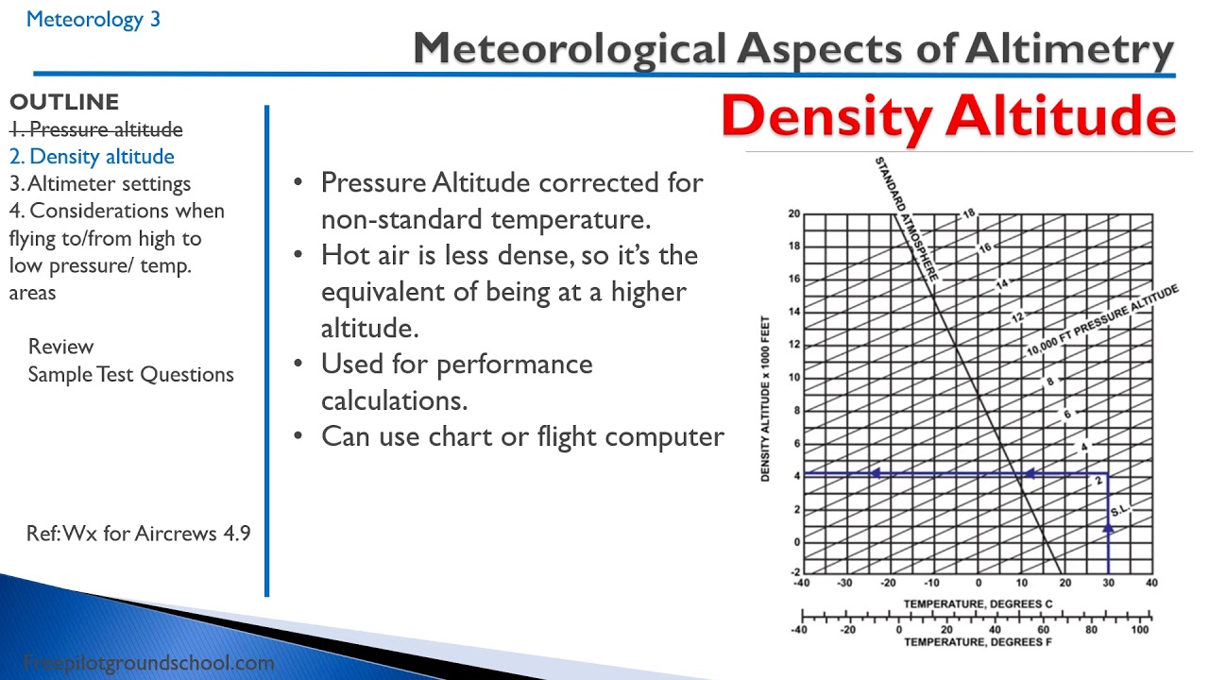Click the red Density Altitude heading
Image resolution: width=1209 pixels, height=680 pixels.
pyautogui.click(x=947, y=116)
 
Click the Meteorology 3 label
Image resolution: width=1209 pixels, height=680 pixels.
pyautogui.click(x=93, y=19)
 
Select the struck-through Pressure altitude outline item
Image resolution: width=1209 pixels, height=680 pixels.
pyautogui.click(x=96, y=129)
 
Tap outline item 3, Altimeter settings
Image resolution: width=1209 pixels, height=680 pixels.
pyautogui.click(x=100, y=183)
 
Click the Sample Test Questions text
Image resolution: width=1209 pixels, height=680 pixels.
pyautogui.click(x=130, y=374)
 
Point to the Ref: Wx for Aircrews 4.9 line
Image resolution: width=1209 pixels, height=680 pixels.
pyautogui.click(x=138, y=533)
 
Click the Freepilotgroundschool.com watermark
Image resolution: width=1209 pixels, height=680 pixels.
pyautogui.click(x=148, y=663)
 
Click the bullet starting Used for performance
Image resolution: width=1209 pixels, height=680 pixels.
pyautogui.click(x=457, y=365)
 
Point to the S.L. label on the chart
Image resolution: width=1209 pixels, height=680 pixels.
pyautogui.click(x=1120, y=511)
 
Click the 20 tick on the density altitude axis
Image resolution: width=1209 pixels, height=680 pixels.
pyautogui.click(x=794, y=214)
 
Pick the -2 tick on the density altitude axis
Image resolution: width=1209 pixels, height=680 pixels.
pyautogui.click(x=793, y=573)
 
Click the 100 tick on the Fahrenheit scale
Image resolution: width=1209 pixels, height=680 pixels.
pyautogui.click(x=1139, y=629)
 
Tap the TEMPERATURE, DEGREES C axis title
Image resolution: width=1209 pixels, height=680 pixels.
pyautogui.click(x=978, y=603)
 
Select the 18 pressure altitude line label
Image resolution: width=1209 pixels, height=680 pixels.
pyautogui.click(x=969, y=214)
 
